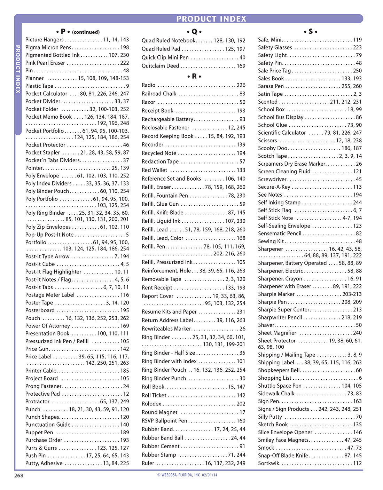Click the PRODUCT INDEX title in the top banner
211,19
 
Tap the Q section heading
194,32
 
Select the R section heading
194,76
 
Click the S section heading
310,32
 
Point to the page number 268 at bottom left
19,475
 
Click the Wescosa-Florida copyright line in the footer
187,475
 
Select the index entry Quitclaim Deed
161,66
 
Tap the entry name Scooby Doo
273,148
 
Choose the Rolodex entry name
151,404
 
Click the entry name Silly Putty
270,417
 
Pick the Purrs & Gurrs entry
41,448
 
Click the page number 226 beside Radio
241,85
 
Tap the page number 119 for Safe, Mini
357,40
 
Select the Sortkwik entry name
269,463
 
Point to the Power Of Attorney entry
48,326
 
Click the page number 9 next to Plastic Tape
127,86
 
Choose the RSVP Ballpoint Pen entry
164,421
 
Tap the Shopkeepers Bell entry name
279,370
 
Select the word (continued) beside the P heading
86,32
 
